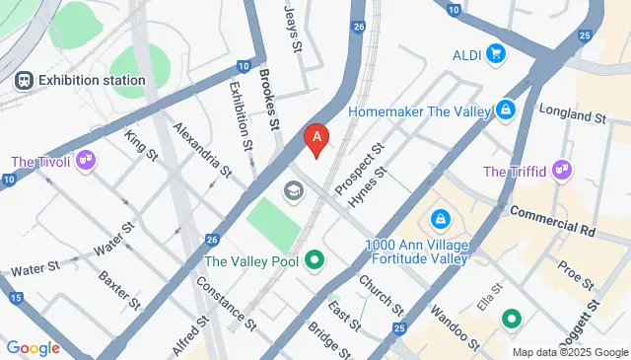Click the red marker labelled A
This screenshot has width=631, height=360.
(315, 141)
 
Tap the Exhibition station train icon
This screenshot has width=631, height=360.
(23, 79)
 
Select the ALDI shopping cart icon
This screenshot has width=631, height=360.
(496, 53)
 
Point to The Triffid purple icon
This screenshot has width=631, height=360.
(562, 172)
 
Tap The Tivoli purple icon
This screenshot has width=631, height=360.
(86, 159)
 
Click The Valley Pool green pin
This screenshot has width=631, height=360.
(315, 261)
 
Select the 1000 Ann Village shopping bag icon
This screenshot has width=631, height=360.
(442, 218)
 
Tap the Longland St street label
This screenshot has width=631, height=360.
(572, 116)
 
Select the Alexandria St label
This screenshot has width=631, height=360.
(202, 149)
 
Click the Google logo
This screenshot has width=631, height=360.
(34, 347)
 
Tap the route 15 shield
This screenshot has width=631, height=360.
(15, 298)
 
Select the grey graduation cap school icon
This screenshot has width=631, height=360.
(293, 189)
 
